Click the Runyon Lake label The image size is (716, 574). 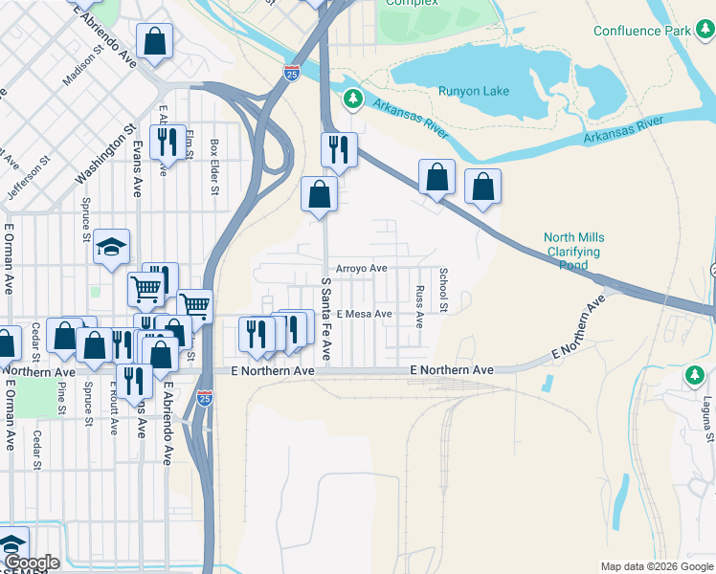473,91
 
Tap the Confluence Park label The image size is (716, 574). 641,31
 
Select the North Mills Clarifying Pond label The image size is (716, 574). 574,252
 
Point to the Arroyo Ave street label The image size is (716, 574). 360,269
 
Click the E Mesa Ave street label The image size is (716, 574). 363,314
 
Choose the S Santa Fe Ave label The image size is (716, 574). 326,319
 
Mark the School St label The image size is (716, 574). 443,289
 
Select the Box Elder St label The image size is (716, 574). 214,166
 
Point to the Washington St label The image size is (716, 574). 104,153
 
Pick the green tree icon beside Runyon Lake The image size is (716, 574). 353,98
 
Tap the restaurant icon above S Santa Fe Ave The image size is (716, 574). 338,148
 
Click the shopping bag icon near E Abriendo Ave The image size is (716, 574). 154,41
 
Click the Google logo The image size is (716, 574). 31,563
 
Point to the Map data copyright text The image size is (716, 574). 656,566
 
